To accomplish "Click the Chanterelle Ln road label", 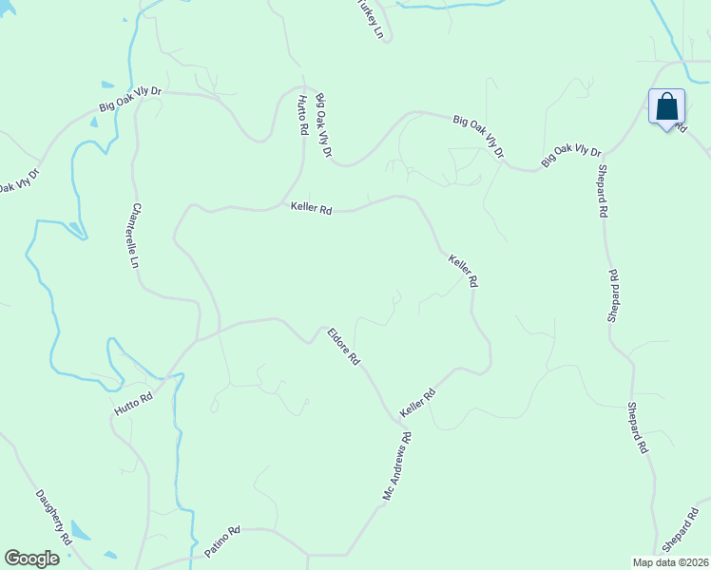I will pos(136,235).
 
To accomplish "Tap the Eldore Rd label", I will pos(343,348).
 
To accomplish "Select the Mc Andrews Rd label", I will pos(399,466).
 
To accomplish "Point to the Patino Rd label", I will pos(222,542).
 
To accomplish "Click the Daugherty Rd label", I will pos(53,517).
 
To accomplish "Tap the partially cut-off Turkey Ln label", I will pos(372,19).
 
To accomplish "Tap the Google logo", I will pos(31,559).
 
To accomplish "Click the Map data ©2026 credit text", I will pos(671,562).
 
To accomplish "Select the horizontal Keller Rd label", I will pos(311,209).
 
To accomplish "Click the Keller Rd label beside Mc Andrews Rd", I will pos(417,403).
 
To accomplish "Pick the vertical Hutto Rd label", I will pos(302,115).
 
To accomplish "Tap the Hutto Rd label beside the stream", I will pos(133,402).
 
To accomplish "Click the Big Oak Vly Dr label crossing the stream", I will pos(130,99).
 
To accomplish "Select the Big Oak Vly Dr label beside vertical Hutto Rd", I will pos(324,125).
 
